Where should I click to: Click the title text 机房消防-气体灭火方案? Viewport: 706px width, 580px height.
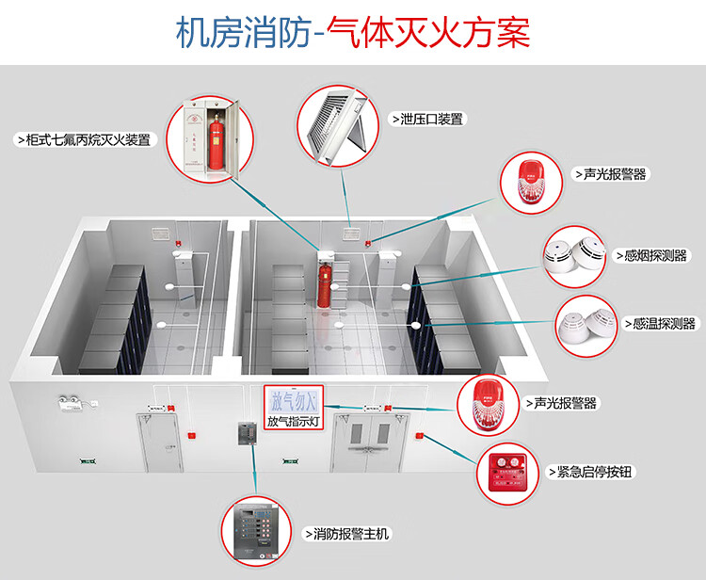353,33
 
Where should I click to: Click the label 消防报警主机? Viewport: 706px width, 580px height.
346,534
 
